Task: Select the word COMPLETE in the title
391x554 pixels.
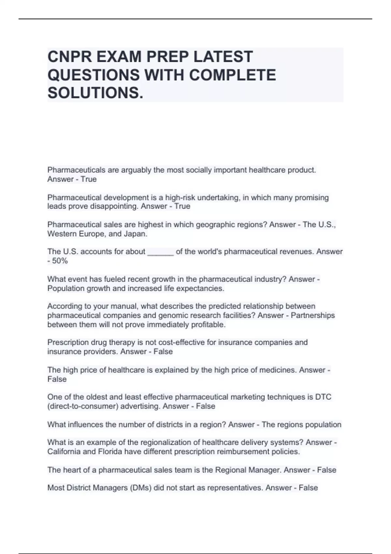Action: [x=232, y=75]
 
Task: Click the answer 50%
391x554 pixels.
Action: [x=60, y=261]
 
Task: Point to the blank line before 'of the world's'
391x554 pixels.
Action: [x=160, y=252]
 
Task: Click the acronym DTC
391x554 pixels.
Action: [x=323, y=397]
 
